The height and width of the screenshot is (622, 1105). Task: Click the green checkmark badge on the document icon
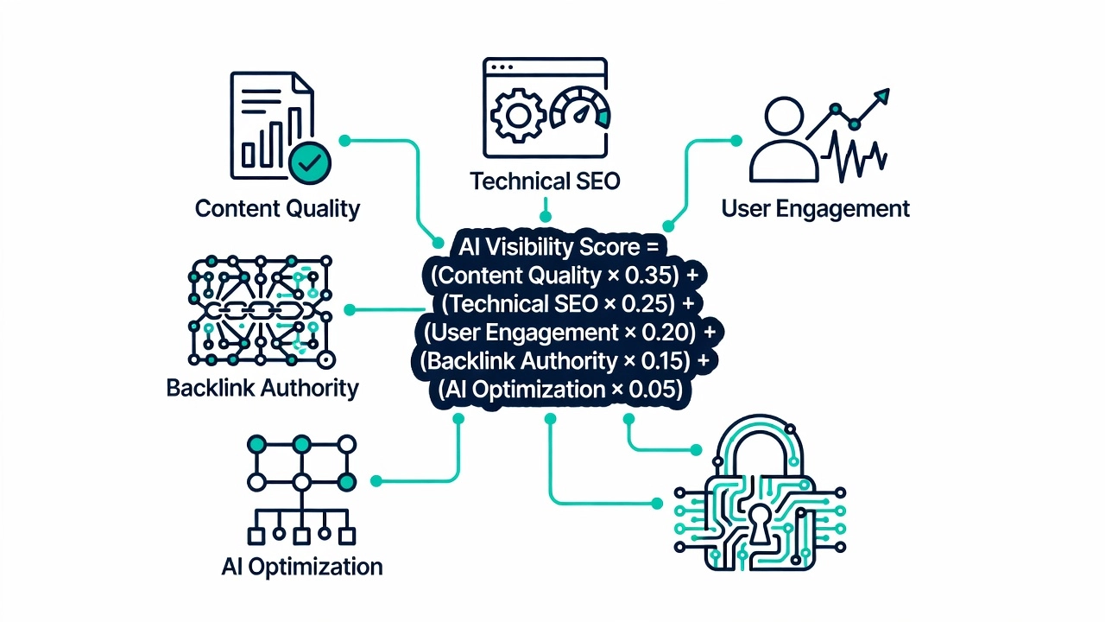point(310,162)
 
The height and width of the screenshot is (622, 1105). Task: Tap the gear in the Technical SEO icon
point(517,116)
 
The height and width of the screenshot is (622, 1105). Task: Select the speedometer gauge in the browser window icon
point(580,109)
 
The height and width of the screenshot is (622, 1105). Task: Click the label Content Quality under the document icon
point(278,209)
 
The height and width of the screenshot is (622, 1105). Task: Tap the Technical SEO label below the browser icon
point(545,181)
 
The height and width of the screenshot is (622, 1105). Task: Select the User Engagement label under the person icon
point(816,208)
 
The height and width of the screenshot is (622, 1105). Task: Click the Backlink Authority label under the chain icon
point(262,388)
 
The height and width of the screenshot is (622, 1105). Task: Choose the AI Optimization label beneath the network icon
point(302,567)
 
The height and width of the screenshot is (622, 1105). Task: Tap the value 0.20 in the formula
point(668,333)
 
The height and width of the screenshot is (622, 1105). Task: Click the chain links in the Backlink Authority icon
point(259,310)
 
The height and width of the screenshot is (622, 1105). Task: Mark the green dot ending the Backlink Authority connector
point(350,310)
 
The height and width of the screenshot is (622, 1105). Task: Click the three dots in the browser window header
point(502,67)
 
